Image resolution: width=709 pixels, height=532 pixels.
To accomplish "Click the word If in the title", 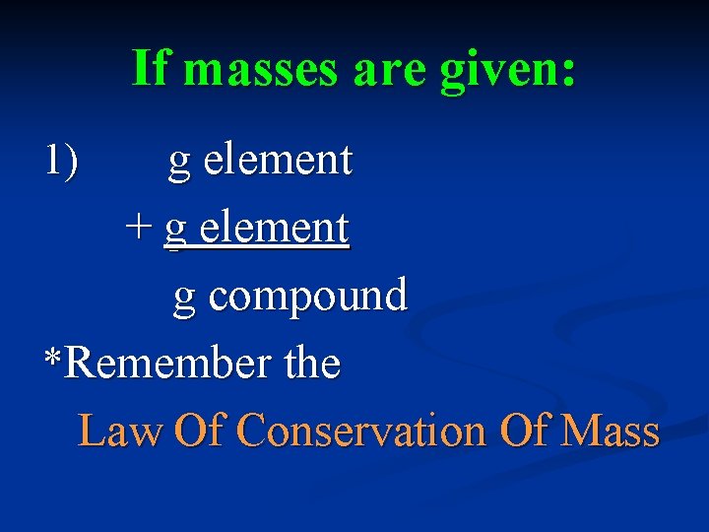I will coord(152,70).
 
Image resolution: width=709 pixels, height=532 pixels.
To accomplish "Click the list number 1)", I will coord(62,160).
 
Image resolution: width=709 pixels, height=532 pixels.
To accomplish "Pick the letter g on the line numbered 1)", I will coord(179,163).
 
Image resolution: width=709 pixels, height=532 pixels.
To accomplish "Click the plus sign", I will coord(139,229).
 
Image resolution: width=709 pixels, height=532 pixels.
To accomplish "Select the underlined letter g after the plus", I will coord(175,231).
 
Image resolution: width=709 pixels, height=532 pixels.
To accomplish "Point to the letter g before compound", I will coord(184,298).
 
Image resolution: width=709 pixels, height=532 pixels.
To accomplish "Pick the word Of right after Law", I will coord(200,432).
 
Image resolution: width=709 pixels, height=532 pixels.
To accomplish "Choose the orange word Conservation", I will coord(362,432).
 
